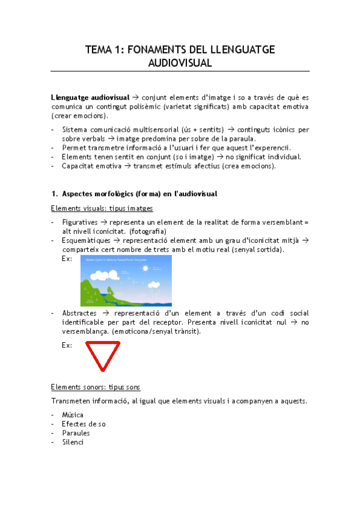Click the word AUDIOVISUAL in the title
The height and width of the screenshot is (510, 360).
point(180,63)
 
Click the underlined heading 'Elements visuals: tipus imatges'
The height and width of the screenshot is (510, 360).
point(102,208)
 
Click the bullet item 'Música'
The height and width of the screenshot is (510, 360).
point(73,415)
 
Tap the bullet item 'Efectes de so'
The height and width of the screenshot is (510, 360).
point(84,424)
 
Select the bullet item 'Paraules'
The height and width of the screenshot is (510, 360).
point(76,433)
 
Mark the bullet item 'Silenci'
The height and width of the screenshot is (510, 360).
point(72,442)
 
